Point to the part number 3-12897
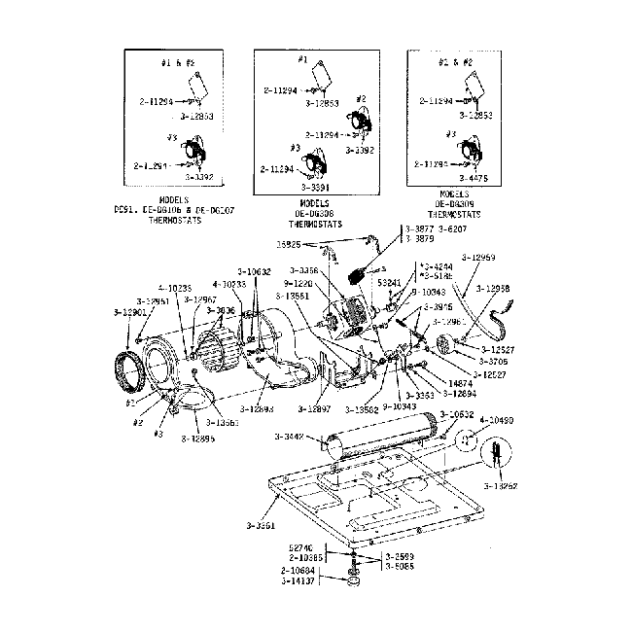coord(317,409)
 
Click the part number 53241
coord(391,282)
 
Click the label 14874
coord(460,383)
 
